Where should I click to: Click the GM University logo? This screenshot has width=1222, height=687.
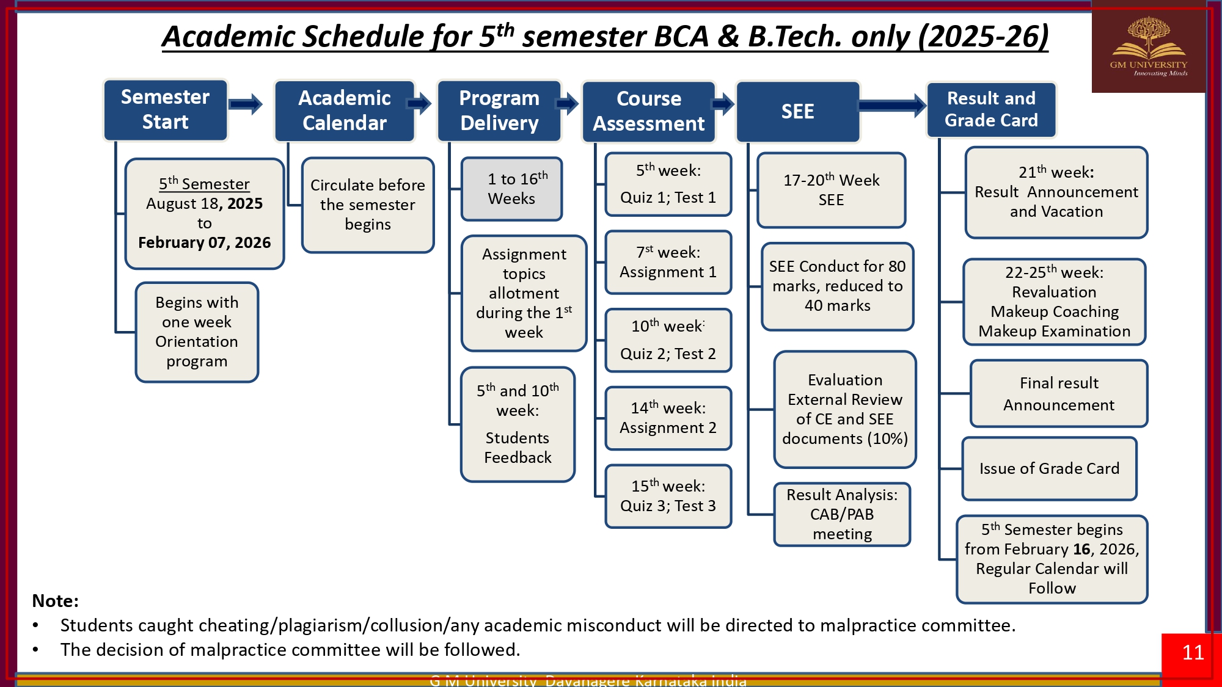1148,48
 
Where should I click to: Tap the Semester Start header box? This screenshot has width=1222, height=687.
165,110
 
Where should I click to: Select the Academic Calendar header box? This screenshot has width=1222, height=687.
345,111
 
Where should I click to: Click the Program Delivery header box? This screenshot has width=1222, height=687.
499,111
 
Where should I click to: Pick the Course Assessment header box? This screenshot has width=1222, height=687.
648,112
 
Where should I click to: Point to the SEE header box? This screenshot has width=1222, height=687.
797,112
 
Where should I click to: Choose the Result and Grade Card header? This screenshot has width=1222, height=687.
991,110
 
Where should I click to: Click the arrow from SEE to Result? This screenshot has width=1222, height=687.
893,106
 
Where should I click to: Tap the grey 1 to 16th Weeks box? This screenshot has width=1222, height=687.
511,189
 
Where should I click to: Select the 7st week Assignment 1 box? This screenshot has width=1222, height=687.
668,263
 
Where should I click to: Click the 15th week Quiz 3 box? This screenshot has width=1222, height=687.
668,496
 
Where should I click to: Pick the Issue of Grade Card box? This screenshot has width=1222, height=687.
1049,469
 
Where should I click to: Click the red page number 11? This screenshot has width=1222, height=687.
1192,653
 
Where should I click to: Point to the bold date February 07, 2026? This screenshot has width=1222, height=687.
204,243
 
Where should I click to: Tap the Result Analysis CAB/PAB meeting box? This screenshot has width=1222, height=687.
842,514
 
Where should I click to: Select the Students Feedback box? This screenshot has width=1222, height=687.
518,424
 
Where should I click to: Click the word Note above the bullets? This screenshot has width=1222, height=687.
55,601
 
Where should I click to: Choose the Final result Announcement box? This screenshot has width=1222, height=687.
1058,394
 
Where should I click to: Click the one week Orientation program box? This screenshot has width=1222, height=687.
197,332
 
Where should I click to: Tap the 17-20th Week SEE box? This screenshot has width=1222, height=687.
831,190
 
